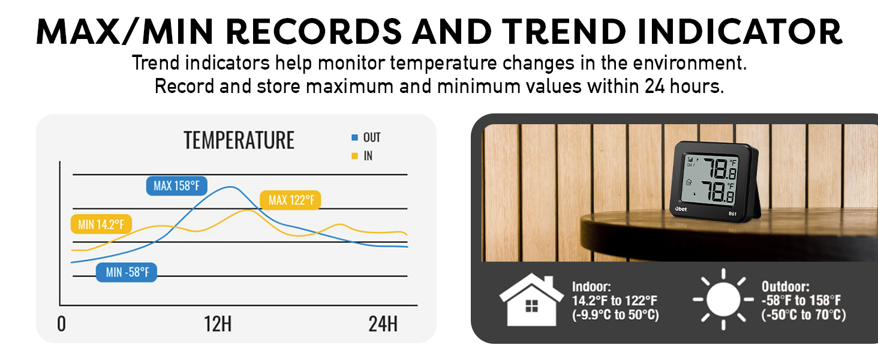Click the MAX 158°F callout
pyautogui.click(x=176, y=186)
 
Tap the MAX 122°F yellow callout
pyautogui.click(x=290, y=200)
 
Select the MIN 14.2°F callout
pyautogui.click(x=101, y=225)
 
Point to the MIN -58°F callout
pyautogui.click(x=127, y=272)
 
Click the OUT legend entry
pyautogui.click(x=366, y=138)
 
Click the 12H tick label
pyautogui.click(x=217, y=325)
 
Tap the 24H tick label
pyautogui.click(x=383, y=325)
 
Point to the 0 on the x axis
pyautogui.click(x=62, y=325)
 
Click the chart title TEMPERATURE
pyautogui.click(x=239, y=140)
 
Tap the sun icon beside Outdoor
pyautogui.click(x=723, y=299)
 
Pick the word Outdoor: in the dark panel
pyautogui.click(x=786, y=287)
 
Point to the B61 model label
pyautogui.click(x=732, y=213)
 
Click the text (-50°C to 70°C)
pyautogui.click(x=804, y=314)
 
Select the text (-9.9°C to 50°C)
pyautogui.click(x=615, y=314)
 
